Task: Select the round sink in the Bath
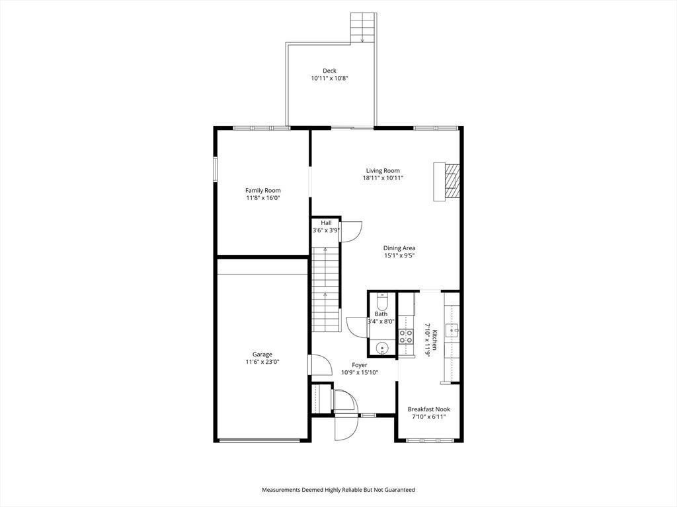pos(382,347)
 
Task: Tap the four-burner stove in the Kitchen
pos(405,336)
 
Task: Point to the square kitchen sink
pos(454,331)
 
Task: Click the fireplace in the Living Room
pos(447,181)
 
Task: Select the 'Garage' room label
pos(262,355)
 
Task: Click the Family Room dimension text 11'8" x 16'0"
pos(263,198)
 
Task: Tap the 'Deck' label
pos(329,71)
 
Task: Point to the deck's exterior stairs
pos(363,28)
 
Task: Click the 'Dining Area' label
pos(399,248)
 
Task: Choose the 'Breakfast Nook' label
pos(428,409)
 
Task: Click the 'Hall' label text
pos(327,223)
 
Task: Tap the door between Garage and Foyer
pos(319,365)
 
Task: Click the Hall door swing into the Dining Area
pos(350,232)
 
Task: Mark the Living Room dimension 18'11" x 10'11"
pos(383,178)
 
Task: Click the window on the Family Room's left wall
pos(215,170)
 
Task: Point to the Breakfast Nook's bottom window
pos(430,440)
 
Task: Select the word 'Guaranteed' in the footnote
pos(401,490)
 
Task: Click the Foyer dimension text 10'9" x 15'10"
pos(360,372)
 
